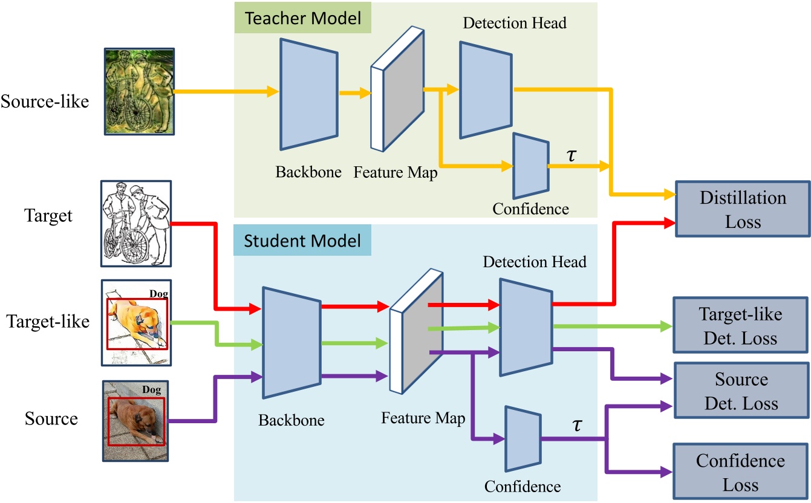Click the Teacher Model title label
pyautogui.click(x=302, y=18)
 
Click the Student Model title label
pyautogui.click(x=302, y=241)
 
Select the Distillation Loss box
pyautogui.click(x=743, y=210)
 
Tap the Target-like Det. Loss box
pyautogui.click(x=740, y=326)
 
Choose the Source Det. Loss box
pyautogui.click(x=741, y=391)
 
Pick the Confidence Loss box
pyautogui.click(x=740, y=472)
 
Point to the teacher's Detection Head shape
pyautogui.click(x=485, y=90)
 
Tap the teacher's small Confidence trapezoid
pyautogui.click(x=530, y=166)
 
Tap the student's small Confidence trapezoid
pyautogui.click(x=522, y=438)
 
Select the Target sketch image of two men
pyautogui.click(x=135, y=224)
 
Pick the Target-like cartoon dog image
pyautogui.click(x=136, y=322)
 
